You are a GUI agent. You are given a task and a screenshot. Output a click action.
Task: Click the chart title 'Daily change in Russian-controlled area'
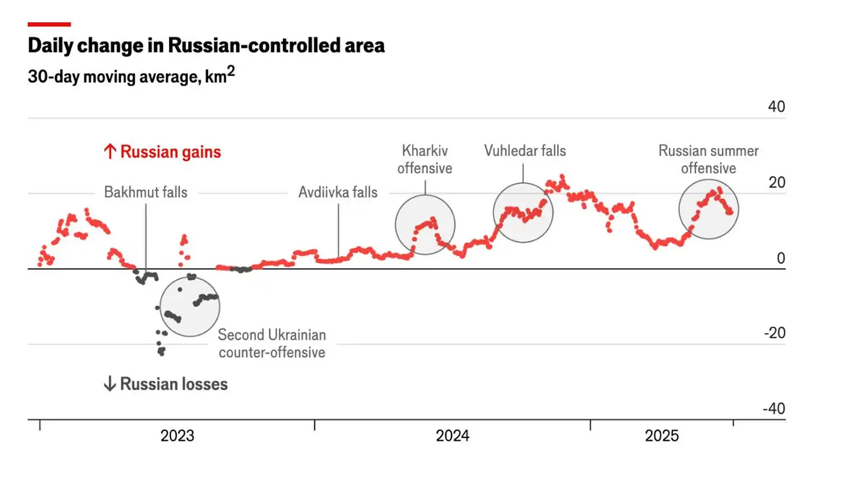pyautogui.click(x=206, y=45)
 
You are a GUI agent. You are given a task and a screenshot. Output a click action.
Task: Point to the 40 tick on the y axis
pyautogui.click(x=776, y=107)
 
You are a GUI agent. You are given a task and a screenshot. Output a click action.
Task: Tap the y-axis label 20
pyautogui.click(x=776, y=182)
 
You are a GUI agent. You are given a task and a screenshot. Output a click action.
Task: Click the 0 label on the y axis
pyautogui.click(x=781, y=259)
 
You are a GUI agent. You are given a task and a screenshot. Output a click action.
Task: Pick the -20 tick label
pyautogui.click(x=773, y=333)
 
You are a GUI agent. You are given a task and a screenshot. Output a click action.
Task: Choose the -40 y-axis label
pyautogui.click(x=773, y=409)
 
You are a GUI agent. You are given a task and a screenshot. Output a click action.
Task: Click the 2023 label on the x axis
pyautogui.click(x=177, y=436)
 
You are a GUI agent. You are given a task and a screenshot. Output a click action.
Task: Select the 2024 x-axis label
pyautogui.click(x=452, y=436)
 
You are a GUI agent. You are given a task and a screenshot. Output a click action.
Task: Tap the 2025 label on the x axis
pyautogui.click(x=662, y=436)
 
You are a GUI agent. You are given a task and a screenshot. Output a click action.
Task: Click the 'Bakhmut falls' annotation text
pyautogui.click(x=146, y=193)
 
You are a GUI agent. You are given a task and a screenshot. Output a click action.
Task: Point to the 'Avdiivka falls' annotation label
pyautogui.click(x=338, y=193)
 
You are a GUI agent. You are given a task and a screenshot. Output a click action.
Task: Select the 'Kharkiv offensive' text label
pyautogui.click(x=425, y=159)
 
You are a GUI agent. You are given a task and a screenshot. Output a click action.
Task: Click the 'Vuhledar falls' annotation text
pyautogui.click(x=525, y=150)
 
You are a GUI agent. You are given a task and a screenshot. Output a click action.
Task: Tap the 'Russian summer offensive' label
pyautogui.click(x=708, y=159)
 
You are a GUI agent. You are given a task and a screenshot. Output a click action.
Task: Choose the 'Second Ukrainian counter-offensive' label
pyautogui.click(x=272, y=344)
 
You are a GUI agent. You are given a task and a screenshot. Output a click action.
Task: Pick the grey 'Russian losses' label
pyautogui.click(x=166, y=384)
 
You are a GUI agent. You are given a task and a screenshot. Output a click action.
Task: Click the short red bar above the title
pyautogui.click(x=49, y=24)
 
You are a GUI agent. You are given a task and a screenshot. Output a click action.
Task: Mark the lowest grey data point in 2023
pyautogui.click(x=161, y=353)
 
